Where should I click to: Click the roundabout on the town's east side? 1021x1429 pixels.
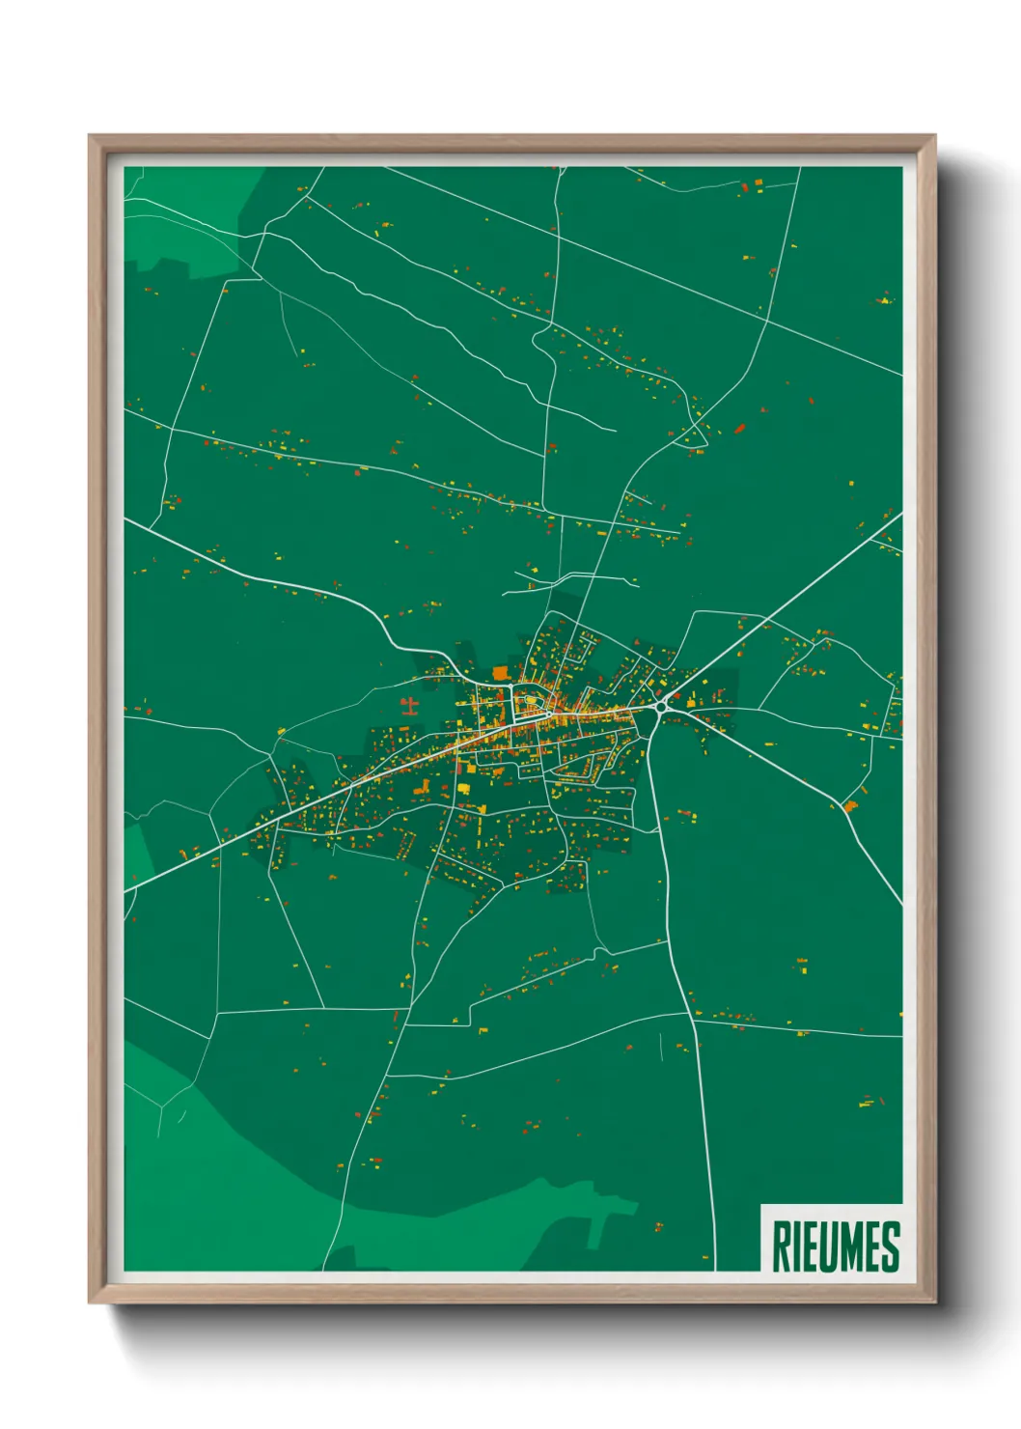662,707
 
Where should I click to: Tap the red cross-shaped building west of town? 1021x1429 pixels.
409,703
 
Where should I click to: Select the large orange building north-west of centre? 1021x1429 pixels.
500,673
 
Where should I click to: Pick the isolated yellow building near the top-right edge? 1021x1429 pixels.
885,300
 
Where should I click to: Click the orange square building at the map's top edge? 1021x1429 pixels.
758,182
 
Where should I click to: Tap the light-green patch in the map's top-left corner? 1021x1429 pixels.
183,222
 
